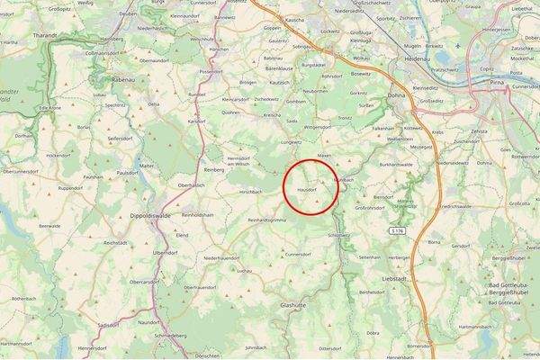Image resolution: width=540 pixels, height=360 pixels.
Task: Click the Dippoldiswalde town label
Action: (158, 202)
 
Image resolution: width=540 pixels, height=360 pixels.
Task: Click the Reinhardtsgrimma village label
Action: (266, 220)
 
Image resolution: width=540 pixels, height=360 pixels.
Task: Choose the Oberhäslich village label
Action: (191, 185)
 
